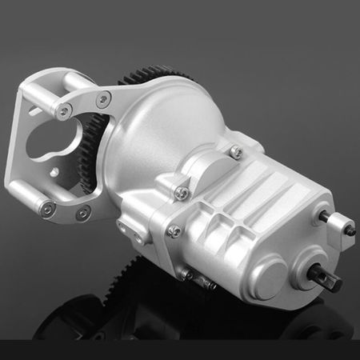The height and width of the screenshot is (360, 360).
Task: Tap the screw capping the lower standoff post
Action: point(47,207)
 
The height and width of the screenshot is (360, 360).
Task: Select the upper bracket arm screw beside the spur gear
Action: point(102,100)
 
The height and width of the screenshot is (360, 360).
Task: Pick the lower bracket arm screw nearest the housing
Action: point(82,214)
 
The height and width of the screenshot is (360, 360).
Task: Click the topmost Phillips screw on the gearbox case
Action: point(235,150)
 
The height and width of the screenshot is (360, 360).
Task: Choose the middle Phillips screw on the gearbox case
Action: point(182,191)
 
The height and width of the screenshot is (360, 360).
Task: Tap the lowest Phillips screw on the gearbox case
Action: point(174,231)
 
